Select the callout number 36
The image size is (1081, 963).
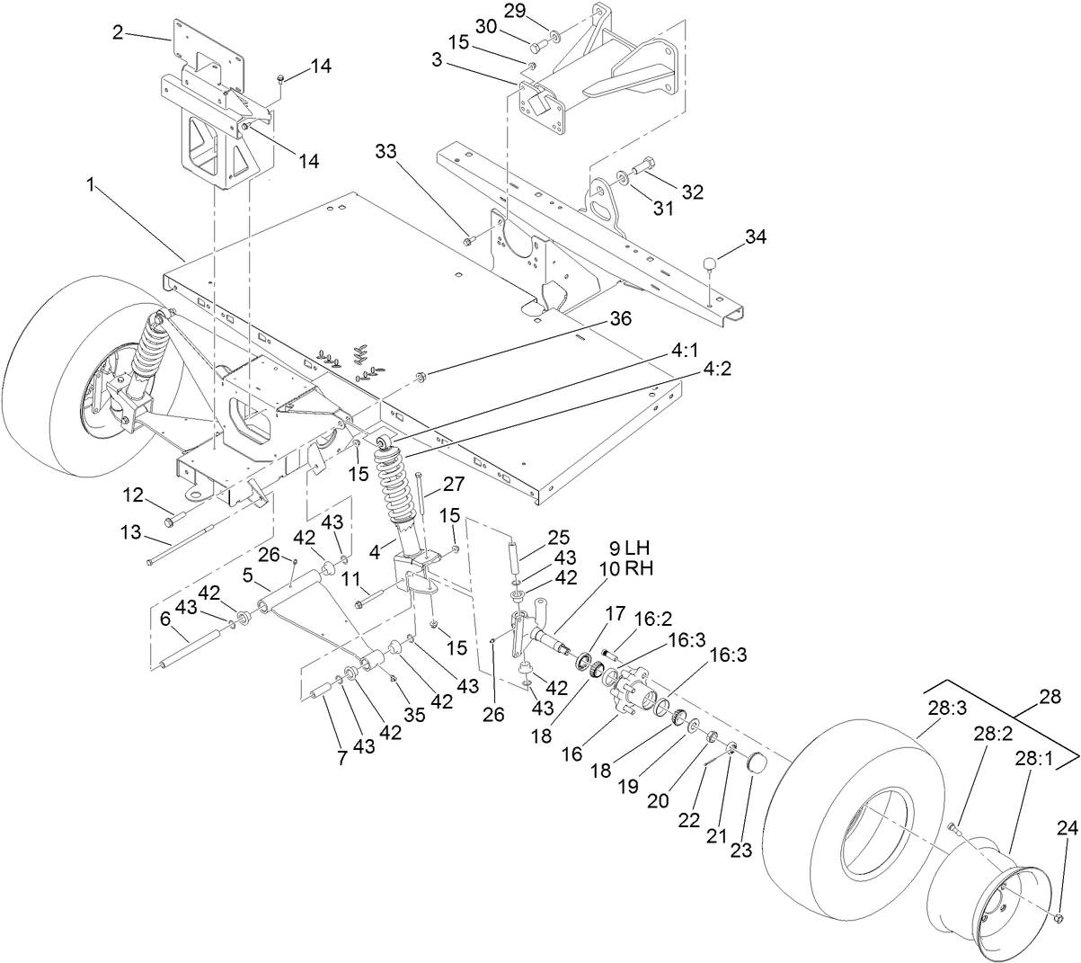point(621,318)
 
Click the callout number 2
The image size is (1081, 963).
point(118,32)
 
